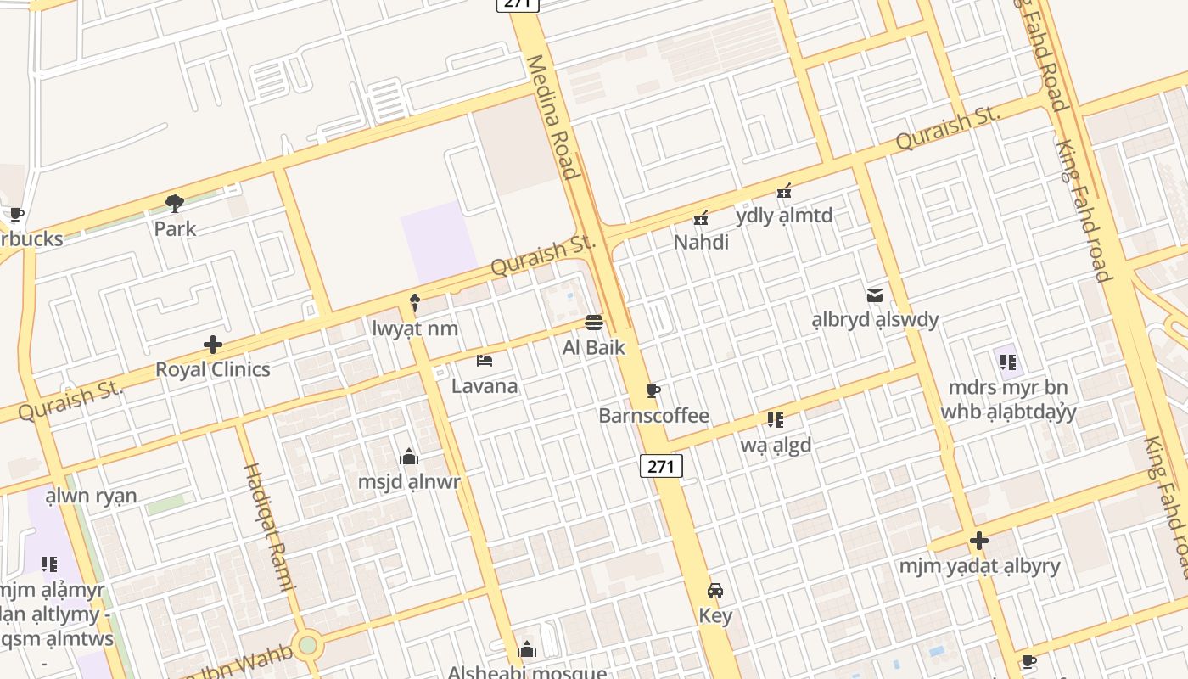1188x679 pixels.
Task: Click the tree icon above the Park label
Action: (x=175, y=204)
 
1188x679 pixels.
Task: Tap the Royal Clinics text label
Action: (x=212, y=369)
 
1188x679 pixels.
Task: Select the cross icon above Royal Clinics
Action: (x=212, y=345)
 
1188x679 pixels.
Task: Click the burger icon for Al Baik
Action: (x=594, y=323)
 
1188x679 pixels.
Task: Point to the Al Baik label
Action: (x=594, y=347)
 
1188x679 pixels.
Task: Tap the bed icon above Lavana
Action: (x=485, y=361)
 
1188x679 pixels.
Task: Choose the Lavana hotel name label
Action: (x=485, y=386)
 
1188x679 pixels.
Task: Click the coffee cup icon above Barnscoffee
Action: (x=653, y=390)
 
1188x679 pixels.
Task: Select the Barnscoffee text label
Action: (x=653, y=416)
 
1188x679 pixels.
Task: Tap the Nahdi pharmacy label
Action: (x=701, y=243)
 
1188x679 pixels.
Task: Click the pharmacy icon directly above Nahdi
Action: (x=701, y=218)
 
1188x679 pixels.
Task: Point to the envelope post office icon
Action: (x=875, y=295)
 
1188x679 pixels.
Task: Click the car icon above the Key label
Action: (x=715, y=591)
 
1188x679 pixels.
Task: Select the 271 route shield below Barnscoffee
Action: (x=661, y=466)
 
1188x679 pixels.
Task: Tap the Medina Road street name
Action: (x=552, y=117)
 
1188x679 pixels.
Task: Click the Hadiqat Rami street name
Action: (x=269, y=526)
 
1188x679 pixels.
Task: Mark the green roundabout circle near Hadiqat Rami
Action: (x=307, y=645)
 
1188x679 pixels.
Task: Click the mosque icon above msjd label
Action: (x=409, y=457)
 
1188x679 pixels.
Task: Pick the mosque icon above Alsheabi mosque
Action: (x=527, y=651)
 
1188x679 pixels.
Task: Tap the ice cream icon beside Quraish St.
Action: (x=415, y=302)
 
